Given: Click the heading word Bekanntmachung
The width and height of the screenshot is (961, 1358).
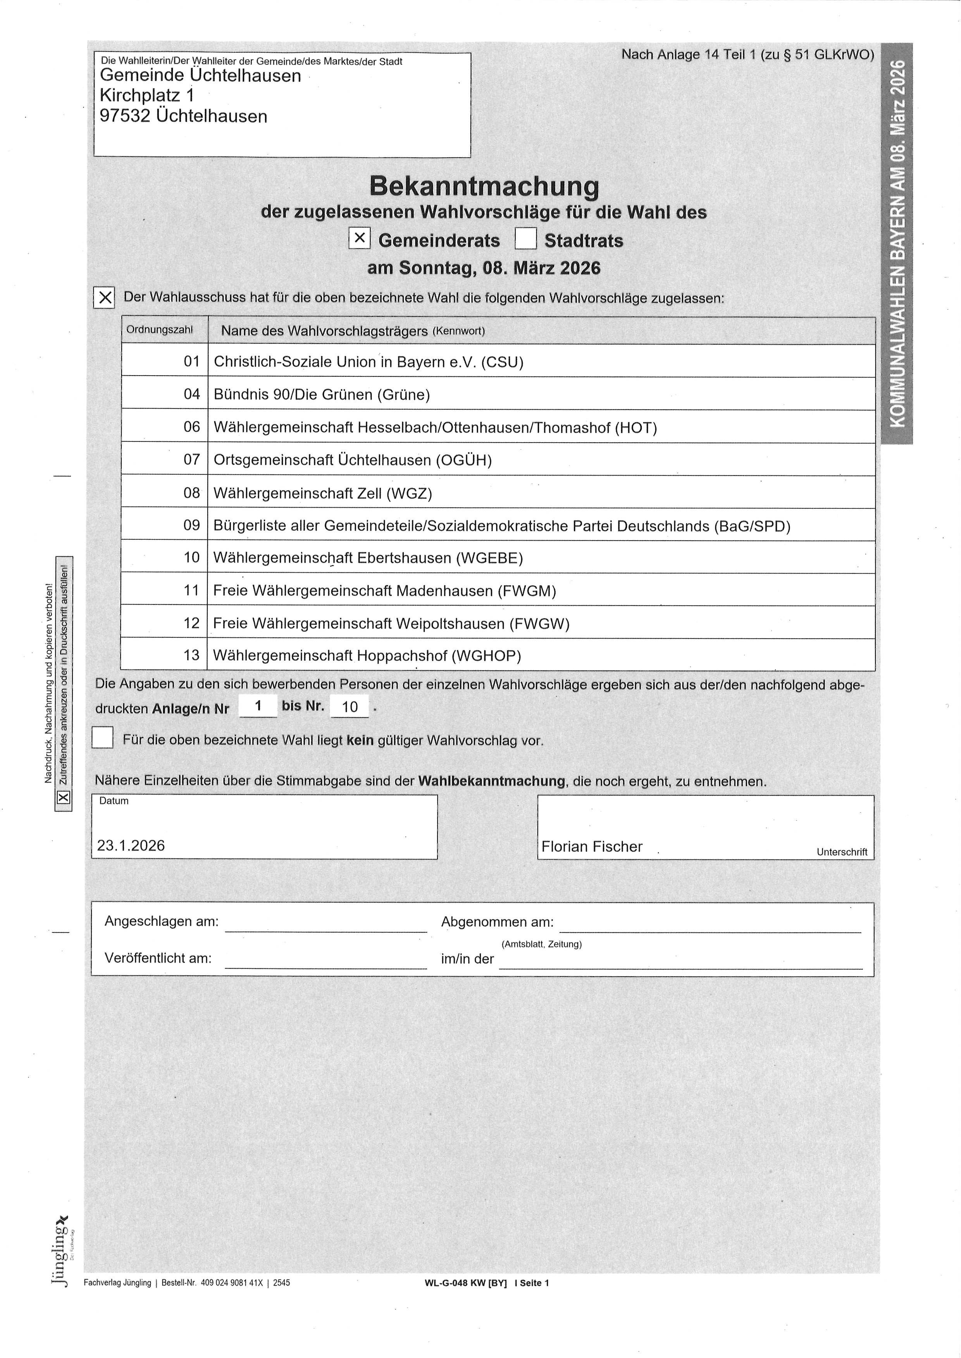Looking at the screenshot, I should [x=484, y=186].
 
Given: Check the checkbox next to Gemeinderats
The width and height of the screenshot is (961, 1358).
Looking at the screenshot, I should [x=359, y=239].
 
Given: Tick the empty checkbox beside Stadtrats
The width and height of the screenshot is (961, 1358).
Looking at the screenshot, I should [x=525, y=239].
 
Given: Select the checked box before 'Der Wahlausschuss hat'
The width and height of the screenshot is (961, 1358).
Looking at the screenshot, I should [x=104, y=297].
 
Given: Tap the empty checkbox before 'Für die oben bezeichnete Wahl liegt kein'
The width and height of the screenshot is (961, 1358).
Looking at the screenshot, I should [x=102, y=738].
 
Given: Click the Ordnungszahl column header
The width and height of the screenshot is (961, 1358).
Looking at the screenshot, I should [x=159, y=330].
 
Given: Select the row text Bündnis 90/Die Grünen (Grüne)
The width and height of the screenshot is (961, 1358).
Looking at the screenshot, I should [x=321, y=395].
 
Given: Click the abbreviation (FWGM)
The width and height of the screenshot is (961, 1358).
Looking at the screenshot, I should [x=527, y=591].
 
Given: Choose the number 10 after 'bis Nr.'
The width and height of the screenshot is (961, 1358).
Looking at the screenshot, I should [x=350, y=707].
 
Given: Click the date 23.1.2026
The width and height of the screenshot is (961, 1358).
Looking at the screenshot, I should [x=131, y=846].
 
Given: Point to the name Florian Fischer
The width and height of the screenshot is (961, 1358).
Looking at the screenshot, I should [x=591, y=847].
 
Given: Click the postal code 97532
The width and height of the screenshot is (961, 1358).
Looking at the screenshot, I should [x=125, y=116].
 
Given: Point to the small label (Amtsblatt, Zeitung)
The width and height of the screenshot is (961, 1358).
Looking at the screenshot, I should [x=541, y=944].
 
